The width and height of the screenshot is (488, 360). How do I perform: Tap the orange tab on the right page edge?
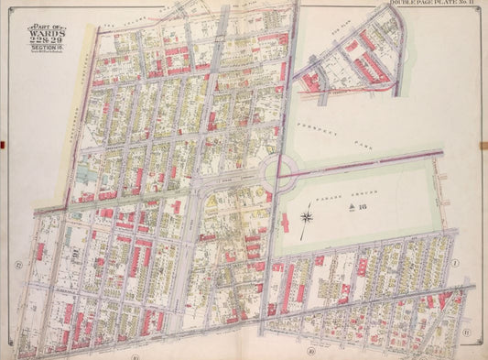484,142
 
